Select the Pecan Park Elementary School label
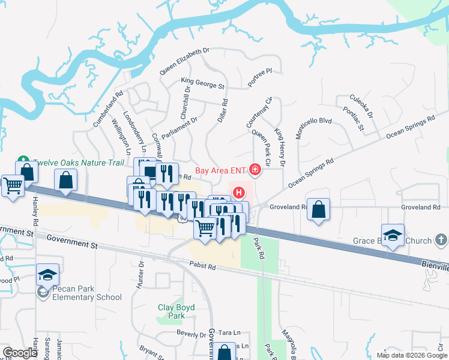(x=78, y=293)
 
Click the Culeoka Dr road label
(x=361, y=106)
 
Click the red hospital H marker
(x=239, y=193)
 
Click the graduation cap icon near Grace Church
(x=393, y=235)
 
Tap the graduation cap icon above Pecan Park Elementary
(x=47, y=275)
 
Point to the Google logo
(x=20, y=353)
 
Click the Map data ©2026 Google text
(x=411, y=355)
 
